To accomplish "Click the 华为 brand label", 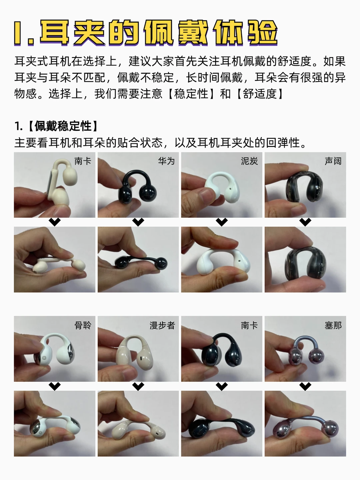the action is point(166,161).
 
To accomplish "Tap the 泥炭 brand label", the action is point(249,161).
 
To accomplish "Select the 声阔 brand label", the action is point(333,161).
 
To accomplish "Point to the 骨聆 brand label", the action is point(83,325).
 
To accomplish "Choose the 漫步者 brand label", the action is point(162,325).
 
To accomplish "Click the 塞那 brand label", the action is point(333,325).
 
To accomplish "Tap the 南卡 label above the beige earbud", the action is point(83,161).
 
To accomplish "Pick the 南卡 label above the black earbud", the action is point(249,325).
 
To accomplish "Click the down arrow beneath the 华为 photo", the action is point(138,222).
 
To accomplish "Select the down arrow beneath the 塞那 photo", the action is point(305,386).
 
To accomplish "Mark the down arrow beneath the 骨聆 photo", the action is point(55,386).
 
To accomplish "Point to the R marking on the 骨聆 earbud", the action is point(44,358).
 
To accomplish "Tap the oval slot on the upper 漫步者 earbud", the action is point(141,358).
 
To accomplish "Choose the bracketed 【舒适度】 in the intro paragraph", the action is point(260,94).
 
